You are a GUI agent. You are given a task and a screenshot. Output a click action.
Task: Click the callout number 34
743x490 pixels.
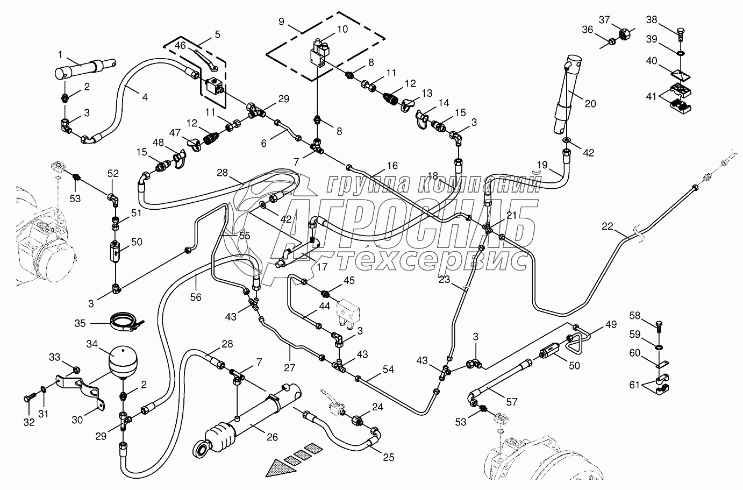(x=92, y=343)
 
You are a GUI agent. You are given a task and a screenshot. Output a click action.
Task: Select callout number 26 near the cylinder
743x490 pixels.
(x=273, y=437)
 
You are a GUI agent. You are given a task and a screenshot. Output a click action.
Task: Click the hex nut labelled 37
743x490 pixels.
(x=625, y=34)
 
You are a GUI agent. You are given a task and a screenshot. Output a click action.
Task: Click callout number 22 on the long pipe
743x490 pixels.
(x=607, y=227)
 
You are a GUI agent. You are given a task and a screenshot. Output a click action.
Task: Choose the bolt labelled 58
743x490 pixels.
(x=661, y=325)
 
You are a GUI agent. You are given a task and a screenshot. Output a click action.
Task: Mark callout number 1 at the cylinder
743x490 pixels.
(x=60, y=54)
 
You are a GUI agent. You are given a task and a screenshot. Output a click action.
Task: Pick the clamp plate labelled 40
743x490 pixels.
(x=680, y=73)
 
